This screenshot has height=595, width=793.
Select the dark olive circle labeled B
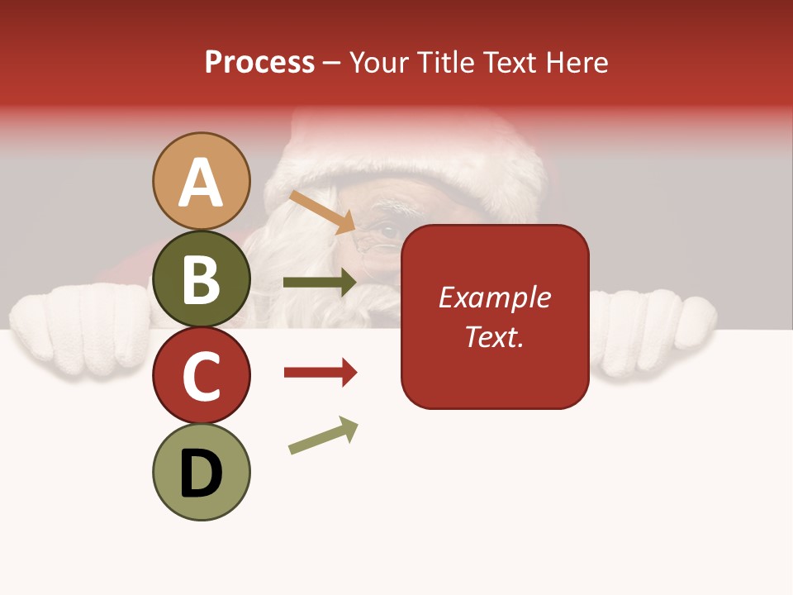click(x=202, y=279)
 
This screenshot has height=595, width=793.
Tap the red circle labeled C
click(x=202, y=375)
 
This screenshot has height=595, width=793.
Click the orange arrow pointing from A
click(x=322, y=212)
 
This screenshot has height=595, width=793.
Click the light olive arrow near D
click(x=323, y=436)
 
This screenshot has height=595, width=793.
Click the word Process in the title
click(x=259, y=62)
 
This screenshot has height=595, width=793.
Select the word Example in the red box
click(x=494, y=297)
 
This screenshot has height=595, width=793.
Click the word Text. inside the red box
click(x=494, y=336)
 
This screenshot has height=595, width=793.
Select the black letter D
click(x=202, y=474)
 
